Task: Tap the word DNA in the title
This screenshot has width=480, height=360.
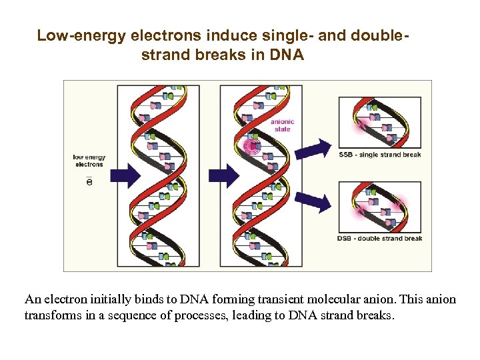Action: pos(288,55)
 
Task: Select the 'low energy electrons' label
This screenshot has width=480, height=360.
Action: pos(88,161)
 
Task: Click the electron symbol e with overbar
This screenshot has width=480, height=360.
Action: pos(90,181)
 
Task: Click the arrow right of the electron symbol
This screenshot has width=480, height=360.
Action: pos(123,175)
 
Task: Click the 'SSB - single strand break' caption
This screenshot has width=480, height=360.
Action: pos(380,155)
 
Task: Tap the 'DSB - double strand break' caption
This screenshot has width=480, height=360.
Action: pos(380,238)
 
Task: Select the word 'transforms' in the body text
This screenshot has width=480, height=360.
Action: pos(52,315)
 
